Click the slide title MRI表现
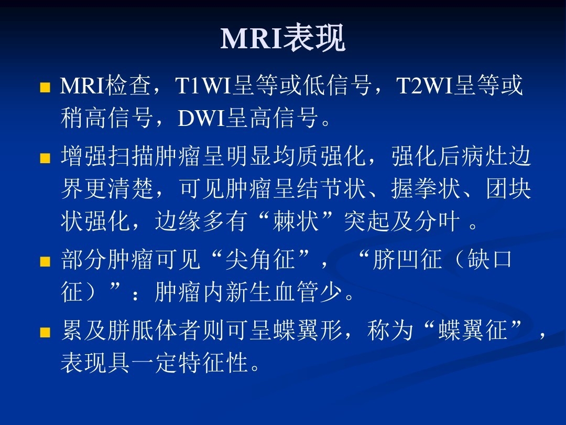point(283,38)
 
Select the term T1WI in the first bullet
point(203,86)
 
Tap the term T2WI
point(424,86)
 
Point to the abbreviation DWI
point(201,118)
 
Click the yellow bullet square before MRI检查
point(45,88)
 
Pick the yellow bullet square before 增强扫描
point(45,158)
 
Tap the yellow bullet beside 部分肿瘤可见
point(45,261)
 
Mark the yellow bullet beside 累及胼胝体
point(45,332)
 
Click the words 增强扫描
point(107,156)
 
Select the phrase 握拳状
point(426,189)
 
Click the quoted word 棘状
point(296,221)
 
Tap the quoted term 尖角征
point(260,259)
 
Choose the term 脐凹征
point(407,259)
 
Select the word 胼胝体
point(142,330)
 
